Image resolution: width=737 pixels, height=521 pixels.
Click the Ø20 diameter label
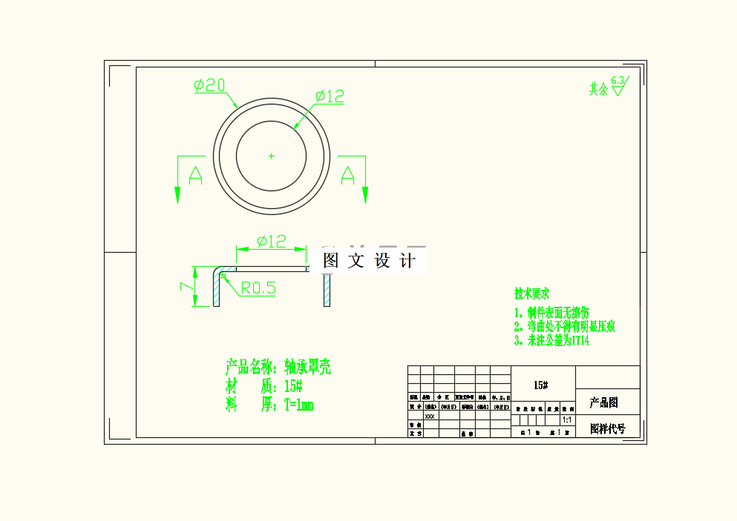coord(209,86)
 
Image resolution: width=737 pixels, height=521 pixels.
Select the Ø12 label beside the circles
coord(329,96)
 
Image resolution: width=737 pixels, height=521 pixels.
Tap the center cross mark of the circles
coord(272,156)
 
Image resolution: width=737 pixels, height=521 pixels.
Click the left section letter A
coord(195,176)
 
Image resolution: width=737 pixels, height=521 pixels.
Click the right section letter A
coord(347,176)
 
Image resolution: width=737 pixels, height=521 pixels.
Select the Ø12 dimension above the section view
coord(271,242)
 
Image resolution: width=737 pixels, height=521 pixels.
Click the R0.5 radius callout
coord(258,288)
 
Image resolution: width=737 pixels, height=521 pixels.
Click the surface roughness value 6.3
coord(617,80)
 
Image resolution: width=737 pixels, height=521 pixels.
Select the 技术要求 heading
coord(532,294)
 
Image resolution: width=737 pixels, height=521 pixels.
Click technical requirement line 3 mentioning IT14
coord(552,341)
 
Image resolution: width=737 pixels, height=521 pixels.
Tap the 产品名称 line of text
coord(278,367)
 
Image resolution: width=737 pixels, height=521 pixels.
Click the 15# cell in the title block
coord(541,385)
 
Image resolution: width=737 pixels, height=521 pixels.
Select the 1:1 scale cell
coord(567,419)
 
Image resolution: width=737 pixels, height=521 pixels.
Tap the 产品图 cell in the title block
coord(603,403)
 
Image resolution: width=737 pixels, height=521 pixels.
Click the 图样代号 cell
coord(607,428)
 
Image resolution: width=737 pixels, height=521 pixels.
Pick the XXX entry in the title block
coord(430,417)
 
